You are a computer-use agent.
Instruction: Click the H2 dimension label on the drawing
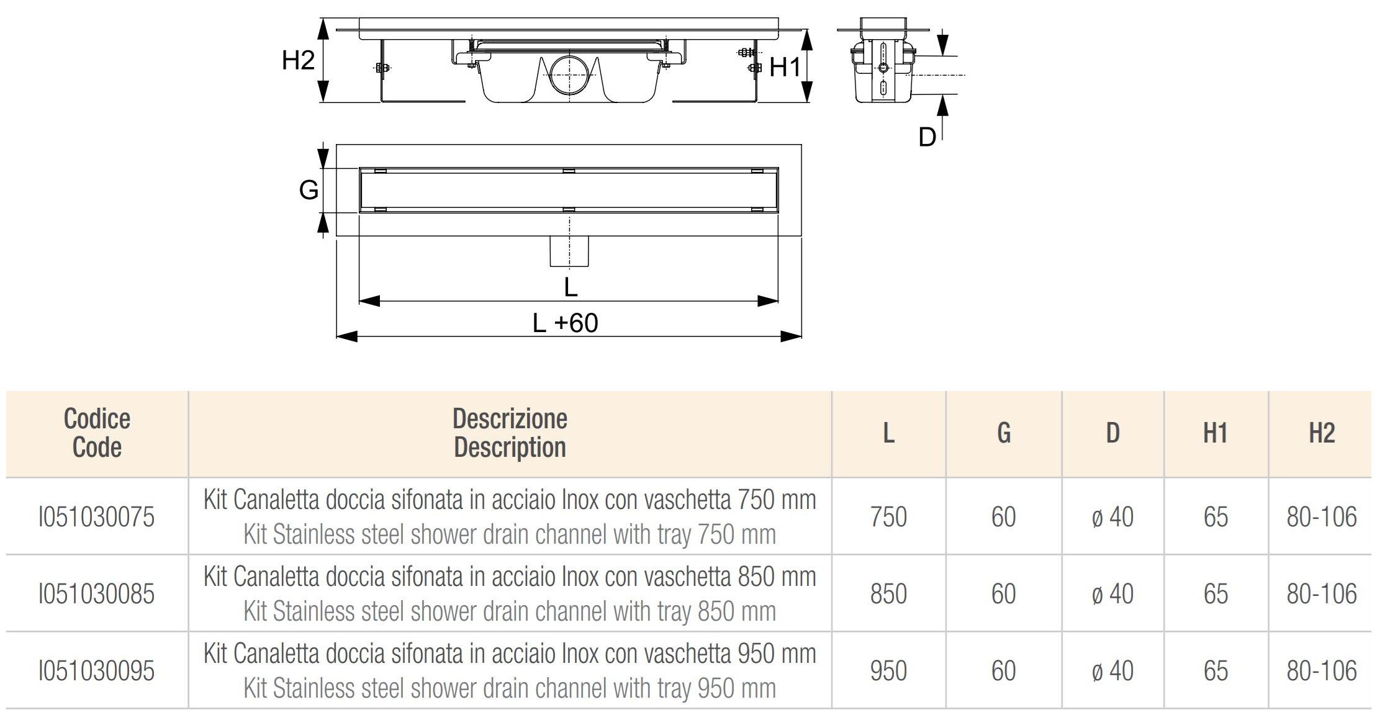[298, 60]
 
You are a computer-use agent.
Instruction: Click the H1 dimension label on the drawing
[785, 67]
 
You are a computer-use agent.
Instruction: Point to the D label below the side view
[927, 137]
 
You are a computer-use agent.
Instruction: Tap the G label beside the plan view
[309, 190]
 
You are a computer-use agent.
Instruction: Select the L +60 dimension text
[565, 323]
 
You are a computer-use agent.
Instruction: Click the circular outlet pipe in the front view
[569, 74]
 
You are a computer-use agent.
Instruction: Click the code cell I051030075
[96, 517]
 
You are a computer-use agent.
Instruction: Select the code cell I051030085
[96, 594]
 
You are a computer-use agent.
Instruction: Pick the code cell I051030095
[96, 671]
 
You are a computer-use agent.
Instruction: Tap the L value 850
[888, 594]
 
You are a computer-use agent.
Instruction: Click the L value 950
[888, 671]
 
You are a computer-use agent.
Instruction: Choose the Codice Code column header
[97, 433]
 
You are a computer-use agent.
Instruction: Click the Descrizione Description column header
[510, 433]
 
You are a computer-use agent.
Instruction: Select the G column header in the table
[1004, 433]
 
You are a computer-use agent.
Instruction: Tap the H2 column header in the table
[1321, 433]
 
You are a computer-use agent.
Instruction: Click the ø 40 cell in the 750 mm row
[1112, 517]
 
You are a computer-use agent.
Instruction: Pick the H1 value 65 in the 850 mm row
[1215, 594]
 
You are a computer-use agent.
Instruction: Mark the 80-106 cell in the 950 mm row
[1321, 671]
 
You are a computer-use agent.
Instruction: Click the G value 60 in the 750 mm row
[1003, 517]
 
